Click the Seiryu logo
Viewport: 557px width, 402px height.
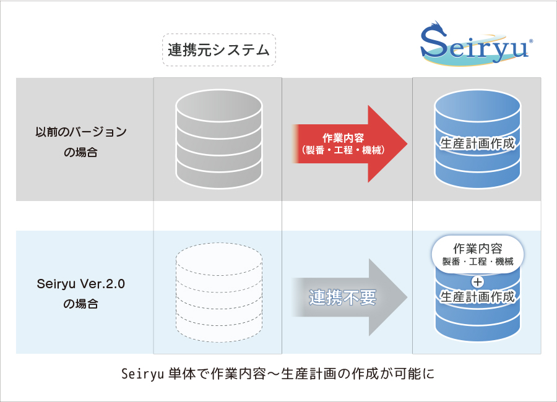[474, 45]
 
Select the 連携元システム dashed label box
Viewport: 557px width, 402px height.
[218, 49]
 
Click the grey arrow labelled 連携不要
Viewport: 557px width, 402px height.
[350, 297]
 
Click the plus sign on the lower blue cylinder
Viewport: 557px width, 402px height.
[477, 283]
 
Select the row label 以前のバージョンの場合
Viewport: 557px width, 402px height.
[80, 141]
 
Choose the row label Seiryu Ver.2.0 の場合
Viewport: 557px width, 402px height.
[80, 295]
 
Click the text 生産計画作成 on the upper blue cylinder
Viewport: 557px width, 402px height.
[477, 143]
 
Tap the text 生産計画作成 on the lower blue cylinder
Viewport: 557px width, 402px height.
[477, 297]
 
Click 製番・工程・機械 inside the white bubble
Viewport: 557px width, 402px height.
[477, 261]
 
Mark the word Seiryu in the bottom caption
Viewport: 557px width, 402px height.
[142, 374]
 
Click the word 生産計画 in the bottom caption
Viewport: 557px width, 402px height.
[309, 374]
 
